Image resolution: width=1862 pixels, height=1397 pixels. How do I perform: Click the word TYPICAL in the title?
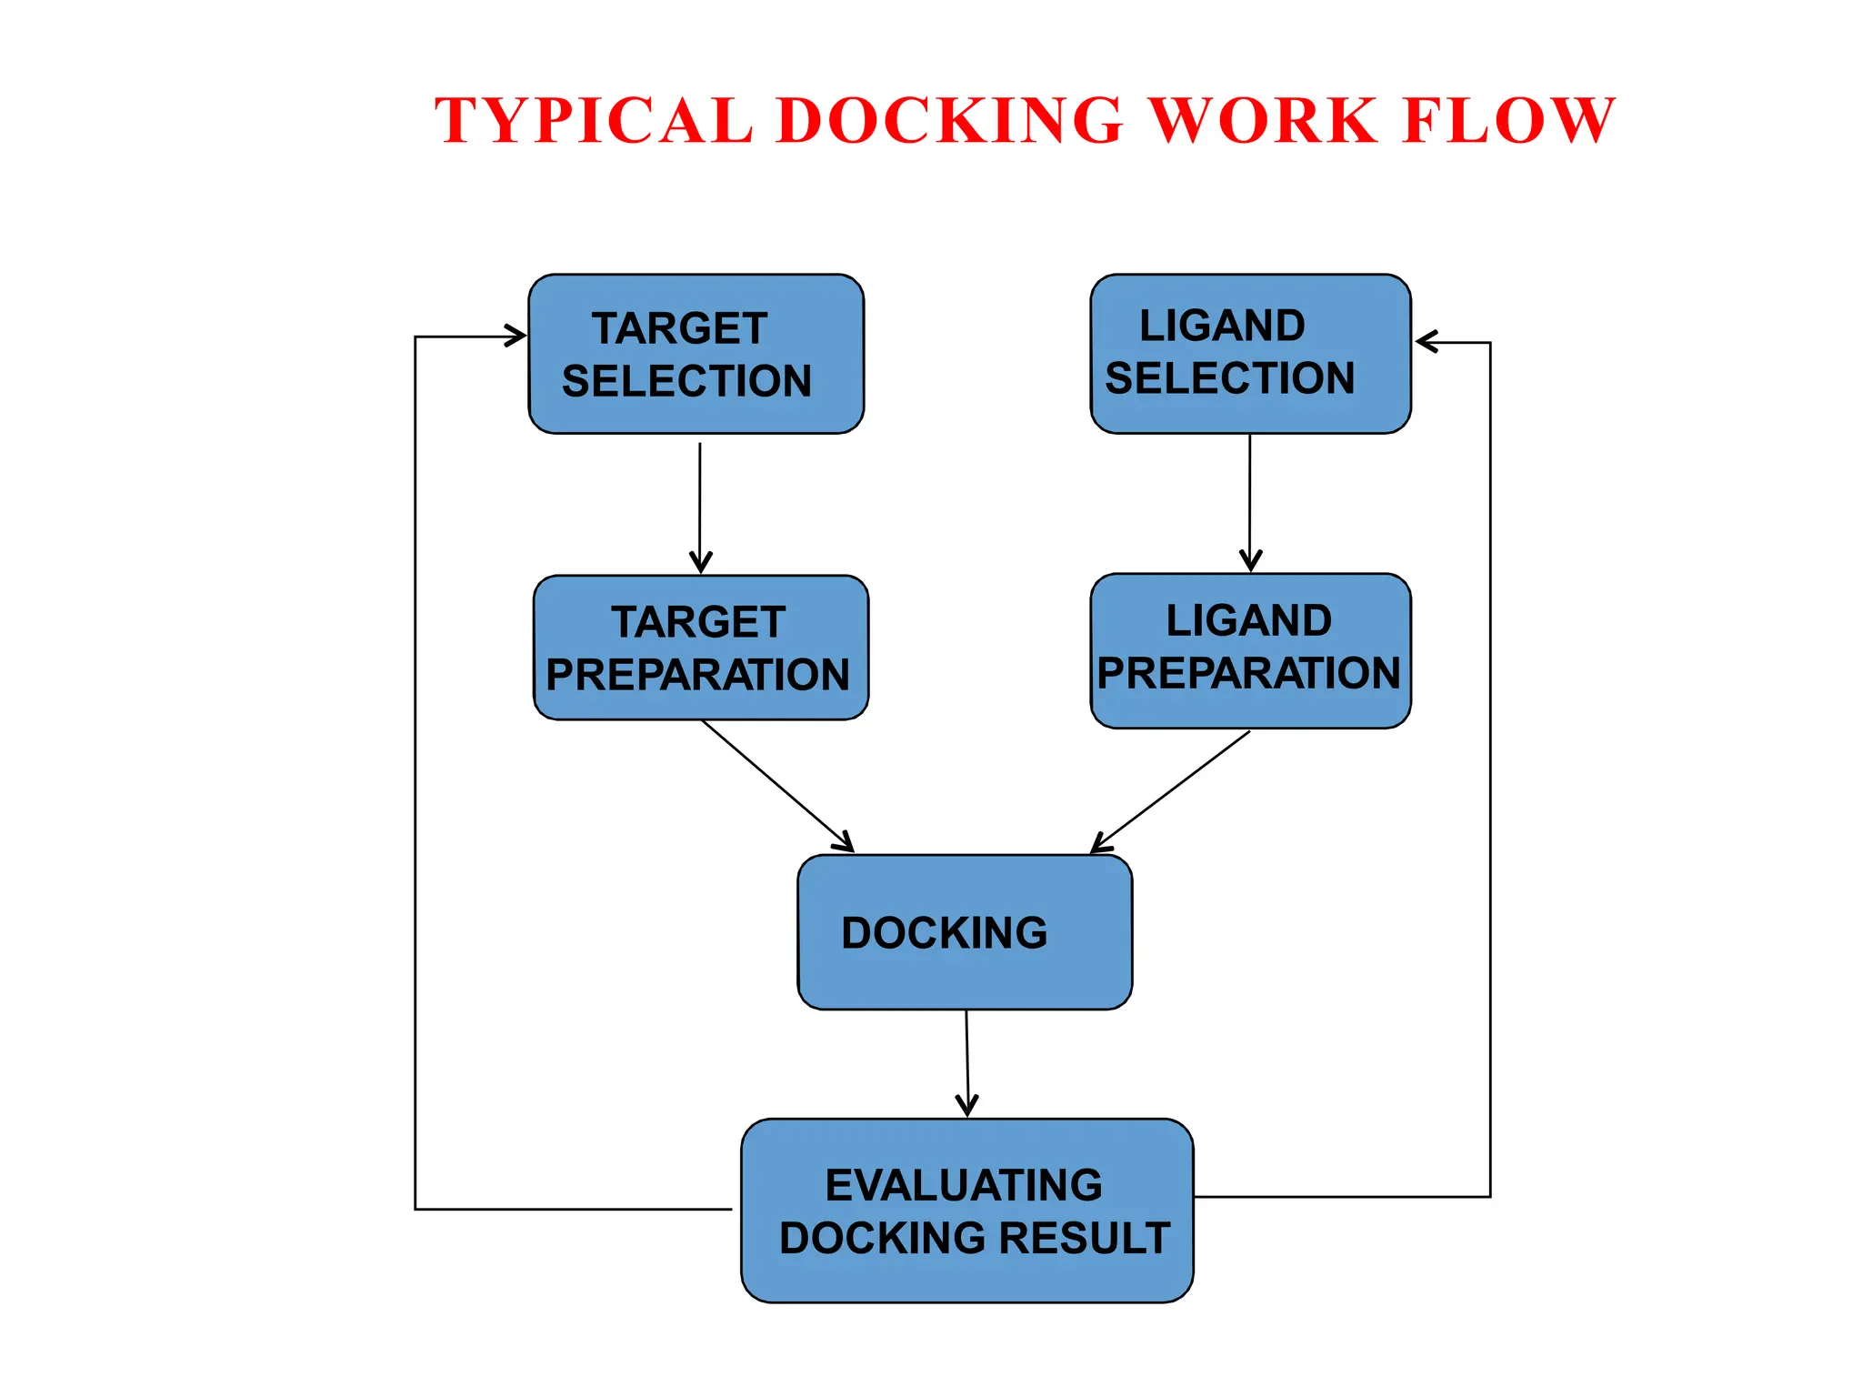pyautogui.click(x=593, y=121)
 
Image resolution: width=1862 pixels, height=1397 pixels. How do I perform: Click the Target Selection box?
pyautogui.click(x=696, y=354)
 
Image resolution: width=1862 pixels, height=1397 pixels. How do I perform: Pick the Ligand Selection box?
pyautogui.click(x=1250, y=354)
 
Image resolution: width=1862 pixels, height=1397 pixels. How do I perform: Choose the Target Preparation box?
pyautogui.click(x=700, y=648)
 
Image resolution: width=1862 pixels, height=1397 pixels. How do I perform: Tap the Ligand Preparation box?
pyautogui.click(x=1250, y=650)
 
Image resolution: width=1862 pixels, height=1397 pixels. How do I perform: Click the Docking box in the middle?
pyautogui.click(x=965, y=932)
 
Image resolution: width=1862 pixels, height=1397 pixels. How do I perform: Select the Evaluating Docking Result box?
pyautogui.click(x=966, y=1211)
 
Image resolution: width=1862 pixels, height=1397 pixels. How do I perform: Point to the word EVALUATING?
pyautogui.click(x=964, y=1185)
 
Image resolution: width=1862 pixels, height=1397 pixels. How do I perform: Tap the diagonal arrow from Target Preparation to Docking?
pyautogui.click(x=777, y=786)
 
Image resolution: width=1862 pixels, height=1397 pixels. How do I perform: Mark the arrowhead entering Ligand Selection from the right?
pyautogui.click(x=1427, y=342)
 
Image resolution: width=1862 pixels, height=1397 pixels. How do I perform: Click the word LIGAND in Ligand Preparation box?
pyautogui.click(x=1248, y=621)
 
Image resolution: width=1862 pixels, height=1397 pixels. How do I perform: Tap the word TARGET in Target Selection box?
pyautogui.click(x=679, y=328)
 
